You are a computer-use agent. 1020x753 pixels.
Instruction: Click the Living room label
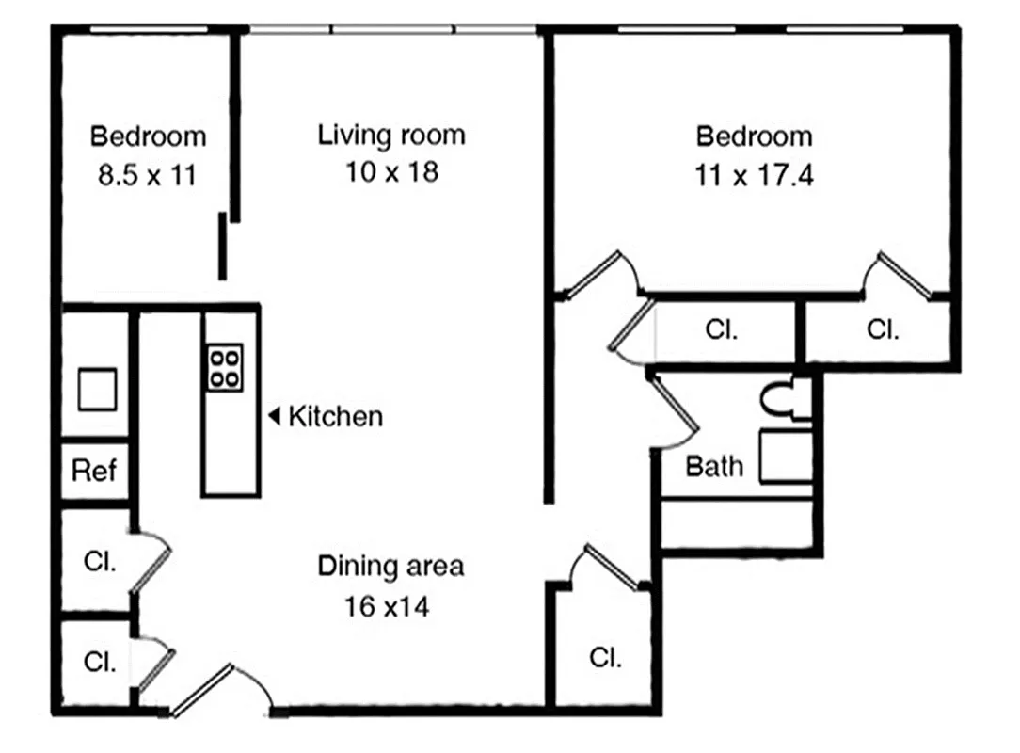[390, 135]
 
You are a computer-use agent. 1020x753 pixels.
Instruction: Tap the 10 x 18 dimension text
[390, 172]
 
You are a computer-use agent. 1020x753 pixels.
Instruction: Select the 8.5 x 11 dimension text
[148, 175]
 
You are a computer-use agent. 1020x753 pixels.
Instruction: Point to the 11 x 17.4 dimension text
[754, 175]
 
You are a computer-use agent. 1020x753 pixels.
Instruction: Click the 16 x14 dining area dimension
[387, 607]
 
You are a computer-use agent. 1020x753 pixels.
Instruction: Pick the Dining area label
[390, 567]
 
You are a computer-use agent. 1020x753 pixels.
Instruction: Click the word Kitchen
[335, 416]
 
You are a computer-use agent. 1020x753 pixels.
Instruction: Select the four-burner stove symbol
[225, 367]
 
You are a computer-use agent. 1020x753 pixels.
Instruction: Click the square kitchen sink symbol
[96, 390]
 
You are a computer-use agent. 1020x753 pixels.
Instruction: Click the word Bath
[713, 466]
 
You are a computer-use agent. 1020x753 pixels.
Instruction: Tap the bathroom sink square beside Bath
[785, 457]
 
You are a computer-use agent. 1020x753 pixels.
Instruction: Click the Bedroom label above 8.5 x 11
[148, 136]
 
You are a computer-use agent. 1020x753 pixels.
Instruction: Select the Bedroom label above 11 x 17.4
[754, 136]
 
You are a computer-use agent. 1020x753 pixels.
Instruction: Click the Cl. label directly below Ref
[99, 562]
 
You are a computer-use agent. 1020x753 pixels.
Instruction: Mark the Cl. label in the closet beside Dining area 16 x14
[604, 658]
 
